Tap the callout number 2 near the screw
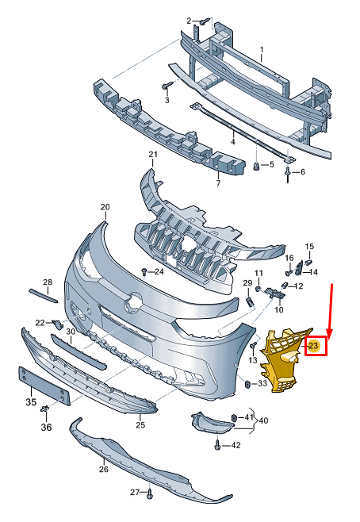pyautogui.click(x=189, y=21)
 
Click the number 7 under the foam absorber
pyautogui.click(x=218, y=184)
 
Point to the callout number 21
pyautogui.click(x=153, y=154)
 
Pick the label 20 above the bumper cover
pyautogui.click(x=105, y=207)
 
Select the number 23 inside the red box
pyautogui.click(x=314, y=346)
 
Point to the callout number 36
pyautogui.click(x=46, y=428)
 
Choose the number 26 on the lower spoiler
pyautogui.click(x=103, y=469)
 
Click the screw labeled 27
pyautogui.click(x=149, y=496)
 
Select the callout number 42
pyautogui.click(x=235, y=446)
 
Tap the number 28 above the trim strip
pyautogui.click(x=47, y=282)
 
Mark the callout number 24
pyautogui.click(x=159, y=272)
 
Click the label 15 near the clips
pyautogui.click(x=310, y=247)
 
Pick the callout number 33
pyautogui.click(x=262, y=384)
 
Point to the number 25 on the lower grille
pyautogui.click(x=140, y=426)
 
